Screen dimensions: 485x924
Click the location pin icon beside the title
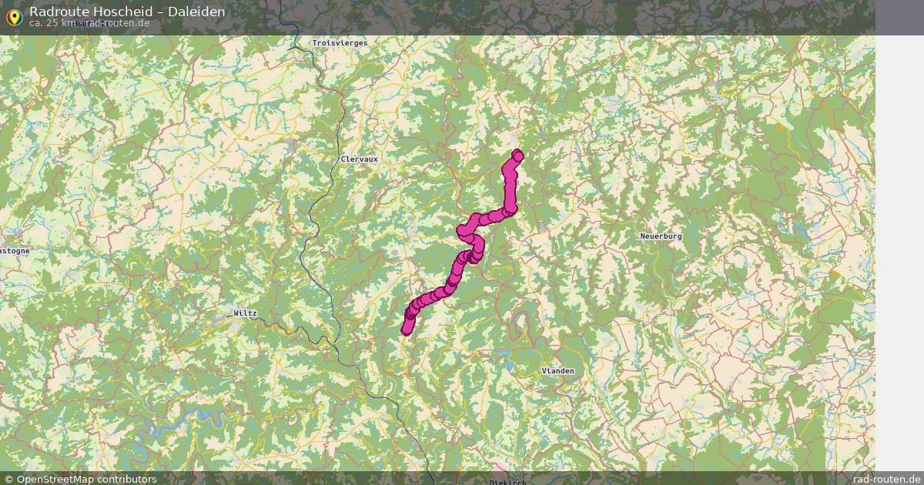pos(13,15)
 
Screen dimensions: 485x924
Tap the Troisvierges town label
pos(340,43)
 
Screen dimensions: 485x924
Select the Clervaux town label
pos(360,159)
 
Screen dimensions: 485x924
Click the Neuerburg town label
pos(661,236)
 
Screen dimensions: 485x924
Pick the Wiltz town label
pos(246,313)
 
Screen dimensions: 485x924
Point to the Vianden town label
pos(557,371)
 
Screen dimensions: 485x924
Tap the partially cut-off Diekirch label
pos(507,482)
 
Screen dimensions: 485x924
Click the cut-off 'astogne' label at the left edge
pos(15,251)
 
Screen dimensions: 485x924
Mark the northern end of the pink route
pos(517,155)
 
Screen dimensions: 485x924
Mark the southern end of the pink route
pos(406,331)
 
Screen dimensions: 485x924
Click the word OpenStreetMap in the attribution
pos(59,479)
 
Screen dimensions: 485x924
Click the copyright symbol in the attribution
pos(9,479)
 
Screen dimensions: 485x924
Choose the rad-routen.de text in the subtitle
pos(118,23)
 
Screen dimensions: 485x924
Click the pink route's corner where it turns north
pos(510,209)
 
